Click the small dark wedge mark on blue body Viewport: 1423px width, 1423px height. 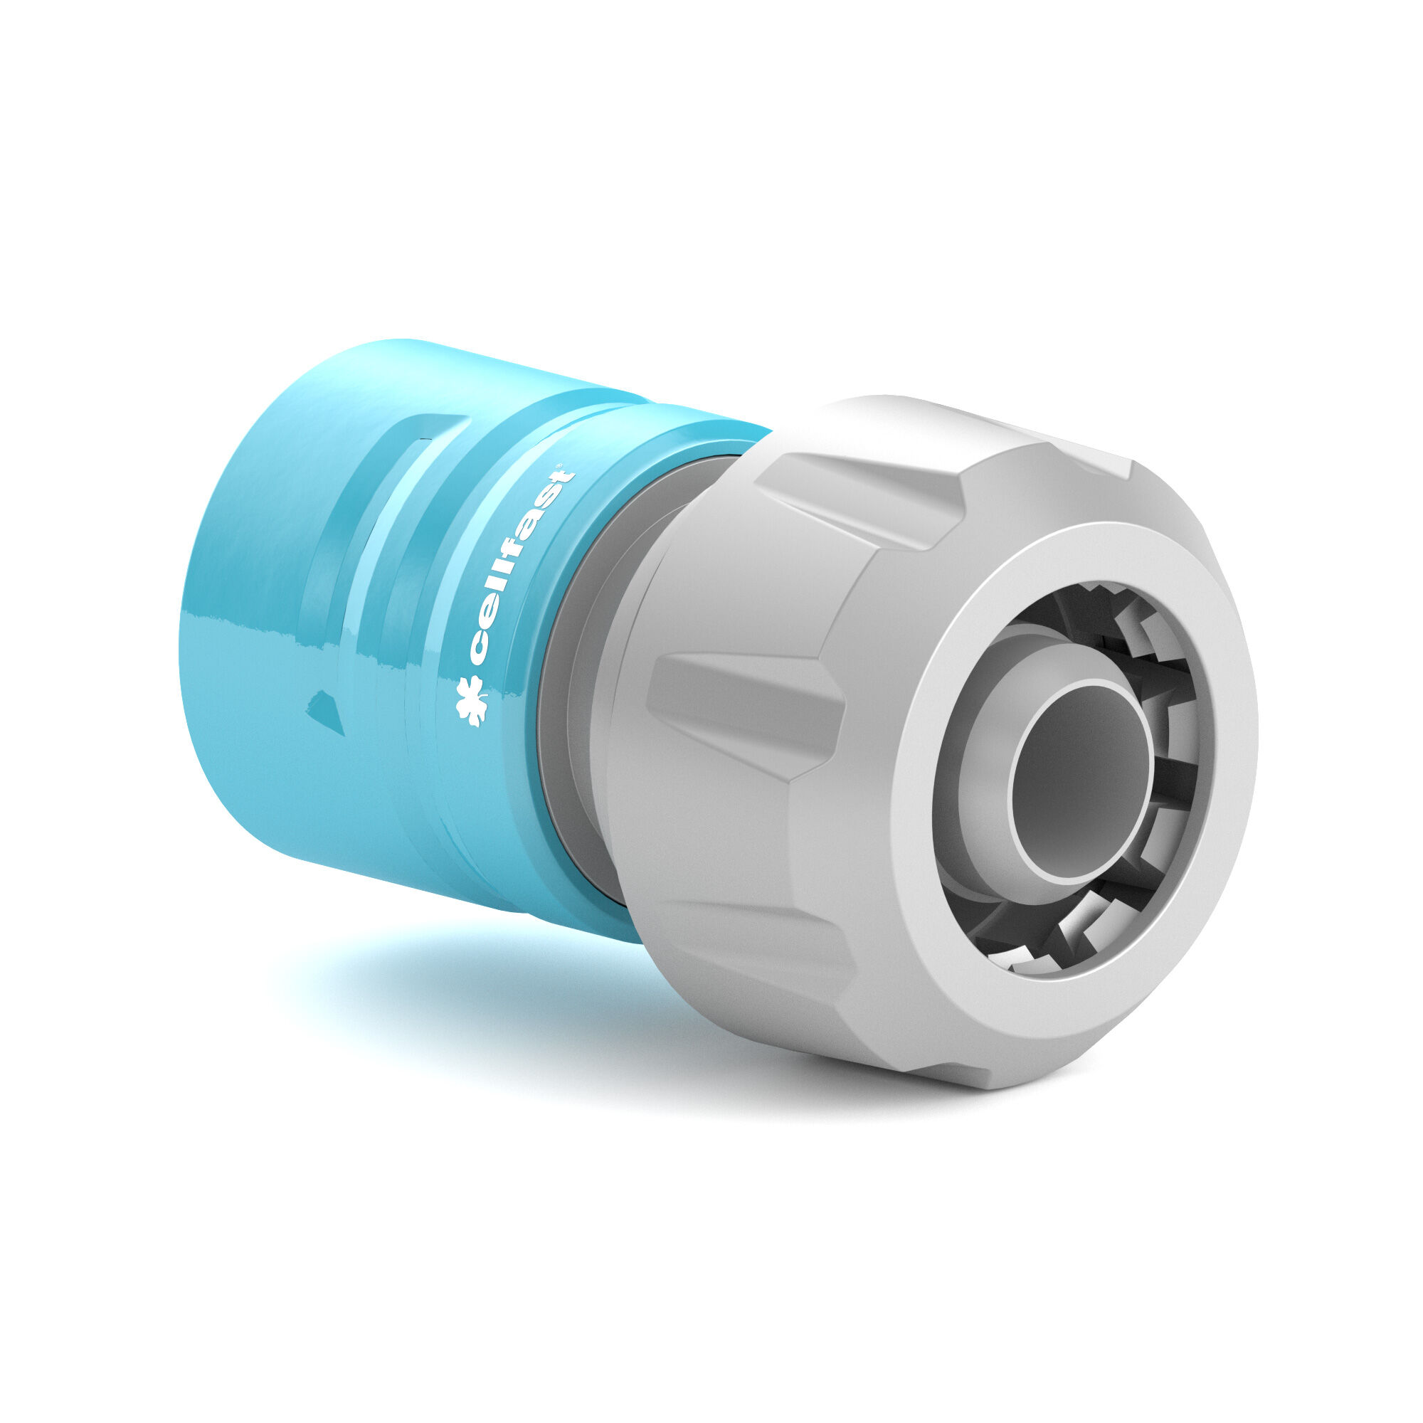coord(328,711)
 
